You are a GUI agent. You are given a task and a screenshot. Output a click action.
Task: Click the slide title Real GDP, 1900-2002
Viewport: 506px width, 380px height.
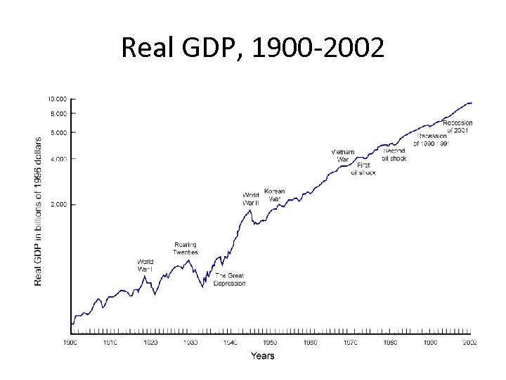tap(252, 48)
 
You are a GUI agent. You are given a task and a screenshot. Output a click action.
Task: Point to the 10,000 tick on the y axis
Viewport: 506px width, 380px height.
tap(58, 99)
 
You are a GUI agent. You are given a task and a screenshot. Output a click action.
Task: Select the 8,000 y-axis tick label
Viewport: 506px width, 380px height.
tap(58, 113)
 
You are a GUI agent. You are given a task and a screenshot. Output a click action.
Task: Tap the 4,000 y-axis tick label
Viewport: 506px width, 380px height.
tap(58, 159)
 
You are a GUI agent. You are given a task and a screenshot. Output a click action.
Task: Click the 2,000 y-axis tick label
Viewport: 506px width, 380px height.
tap(58, 204)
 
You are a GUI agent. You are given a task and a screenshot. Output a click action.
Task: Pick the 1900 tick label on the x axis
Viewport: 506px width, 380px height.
tap(70, 343)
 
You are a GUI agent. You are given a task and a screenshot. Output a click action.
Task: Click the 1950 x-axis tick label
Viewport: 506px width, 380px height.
tap(271, 343)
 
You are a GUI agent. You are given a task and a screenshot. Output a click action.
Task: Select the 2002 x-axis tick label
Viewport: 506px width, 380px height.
tap(469, 343)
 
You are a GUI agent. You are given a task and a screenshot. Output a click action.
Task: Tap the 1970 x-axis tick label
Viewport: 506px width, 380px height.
tap(350, 343)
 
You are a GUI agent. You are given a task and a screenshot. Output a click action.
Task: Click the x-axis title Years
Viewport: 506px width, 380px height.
tap(263, 356)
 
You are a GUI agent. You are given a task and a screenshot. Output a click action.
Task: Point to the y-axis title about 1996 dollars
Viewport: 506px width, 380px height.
tap(39, 210)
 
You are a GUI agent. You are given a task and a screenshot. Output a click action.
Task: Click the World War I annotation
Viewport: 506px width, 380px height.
tap(145, 265)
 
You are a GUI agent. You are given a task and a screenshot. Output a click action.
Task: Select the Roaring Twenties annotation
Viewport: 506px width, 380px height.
tap(186, 248)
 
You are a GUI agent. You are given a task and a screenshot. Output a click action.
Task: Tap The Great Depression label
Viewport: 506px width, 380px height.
tap(230, 279)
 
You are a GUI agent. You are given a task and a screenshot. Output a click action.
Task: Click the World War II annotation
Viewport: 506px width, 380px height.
tap(251, 198)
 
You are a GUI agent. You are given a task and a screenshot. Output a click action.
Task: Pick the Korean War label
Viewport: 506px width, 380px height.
tap(274, 195)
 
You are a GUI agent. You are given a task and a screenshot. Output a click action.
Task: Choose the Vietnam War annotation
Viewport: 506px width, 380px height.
tap(342, 156)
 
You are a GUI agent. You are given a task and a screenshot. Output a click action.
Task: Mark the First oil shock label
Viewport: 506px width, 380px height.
tap(363, 169)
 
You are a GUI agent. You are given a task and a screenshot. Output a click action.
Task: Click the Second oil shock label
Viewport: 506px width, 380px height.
tap(394, 155)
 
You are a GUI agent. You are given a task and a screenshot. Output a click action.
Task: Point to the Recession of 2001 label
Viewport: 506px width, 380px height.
tap(458, 127)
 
